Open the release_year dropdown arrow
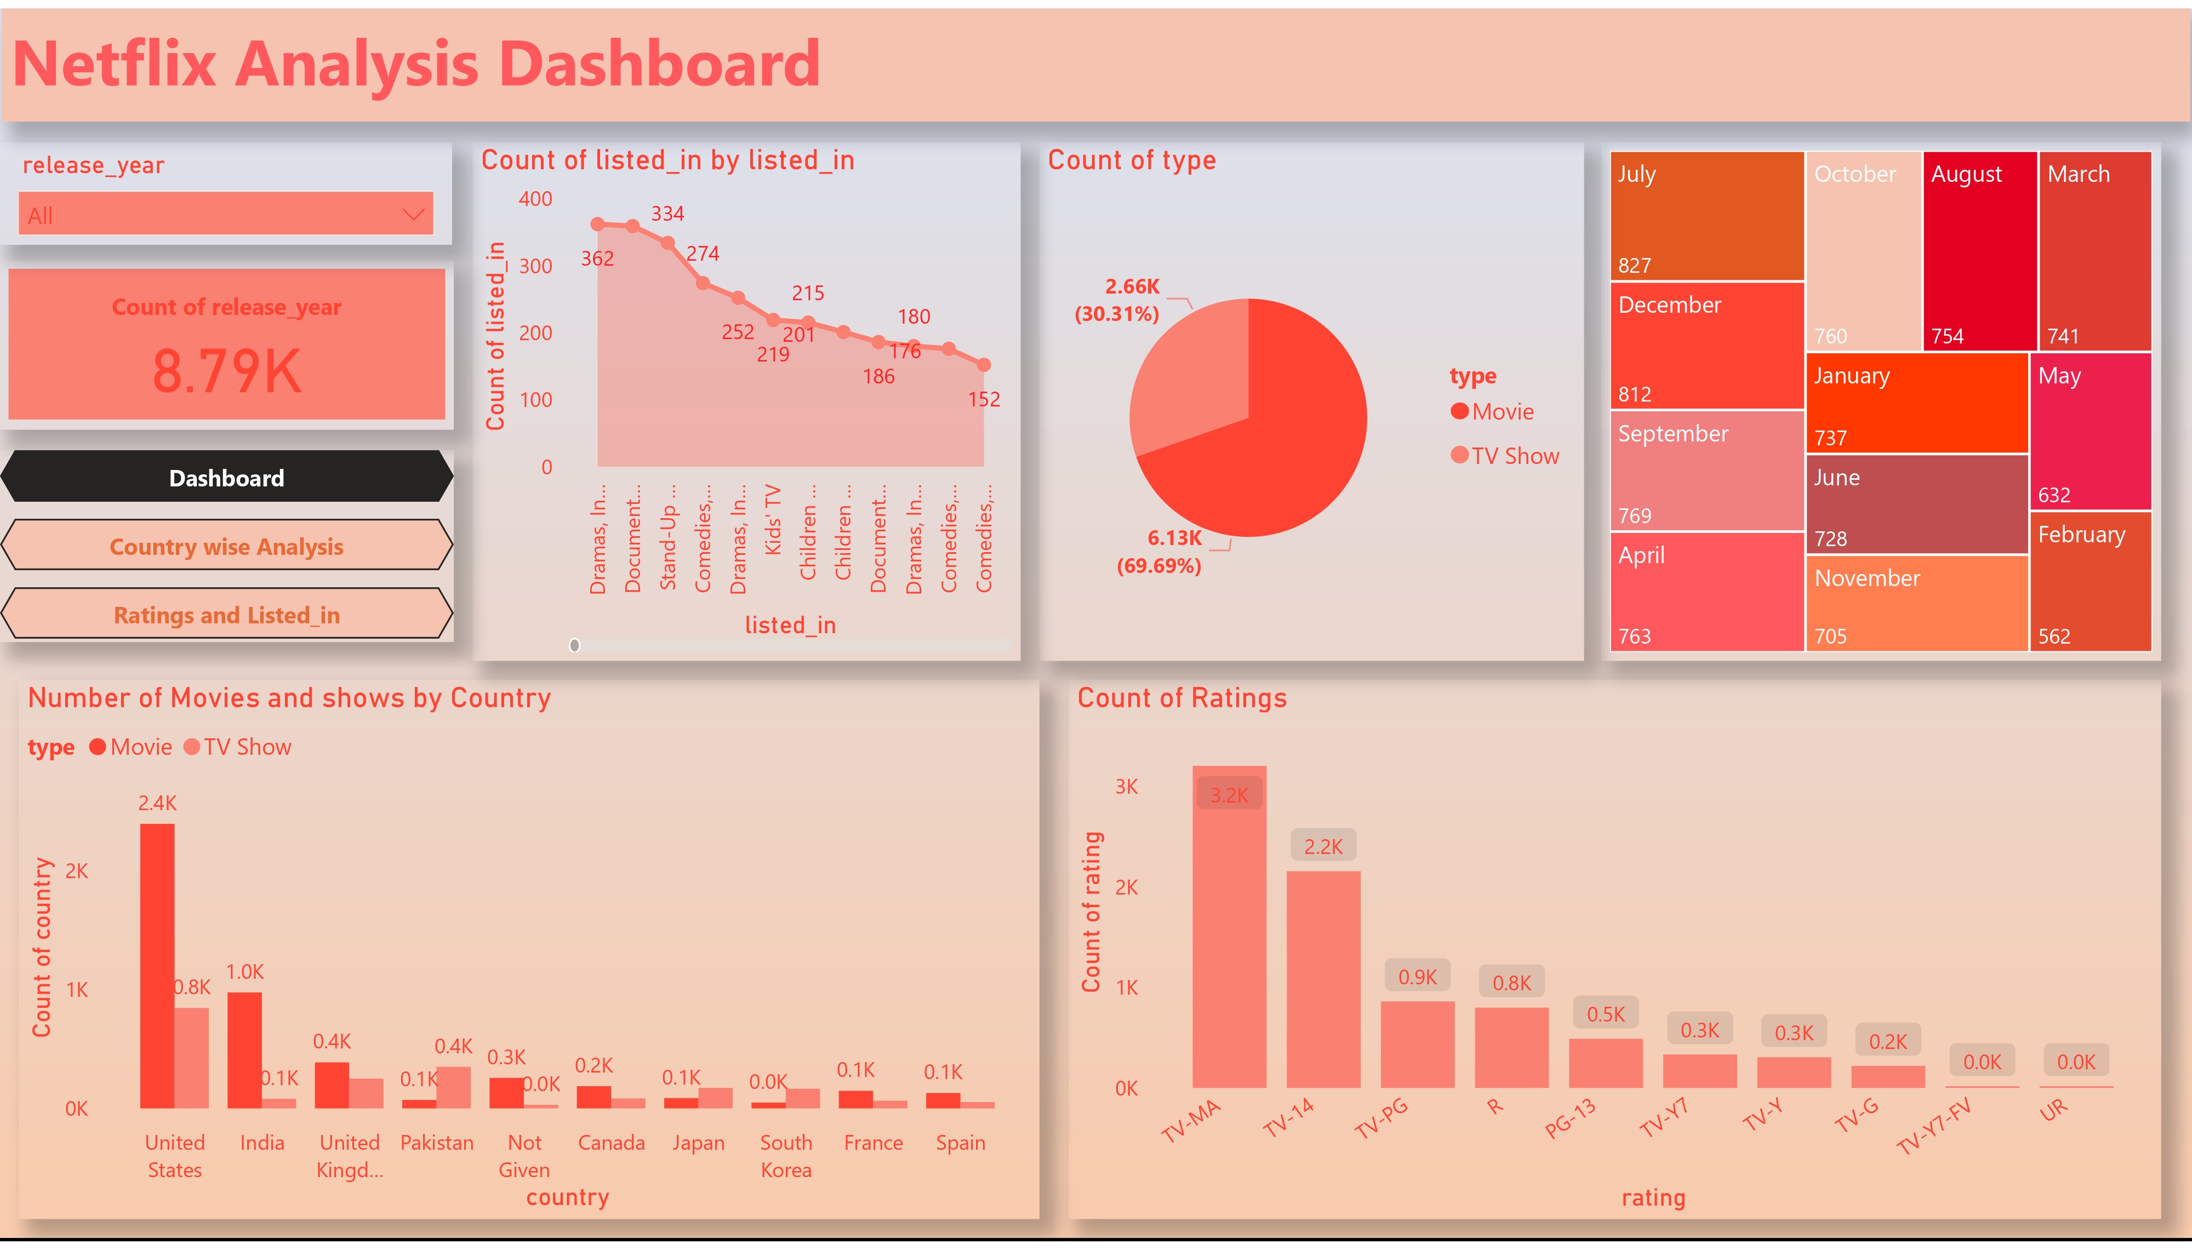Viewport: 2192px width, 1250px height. point(413,215)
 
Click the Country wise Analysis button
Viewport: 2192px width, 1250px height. point(227,546)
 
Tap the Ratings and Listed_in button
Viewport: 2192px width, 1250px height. point(227,615)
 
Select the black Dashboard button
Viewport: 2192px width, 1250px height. point(227,477)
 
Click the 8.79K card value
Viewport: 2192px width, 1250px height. point(227,371)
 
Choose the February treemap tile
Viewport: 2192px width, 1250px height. point(2090,581)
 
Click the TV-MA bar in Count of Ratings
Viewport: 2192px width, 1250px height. point(1229,927)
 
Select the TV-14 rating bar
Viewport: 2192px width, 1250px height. point(1322,979)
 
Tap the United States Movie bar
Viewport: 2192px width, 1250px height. point(157,966)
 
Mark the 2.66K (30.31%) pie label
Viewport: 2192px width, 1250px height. point(1117,300)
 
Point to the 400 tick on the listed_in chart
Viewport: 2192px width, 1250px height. point(535,199)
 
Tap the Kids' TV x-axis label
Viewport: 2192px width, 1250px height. point(773,519)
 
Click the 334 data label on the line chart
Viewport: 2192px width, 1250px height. point(667,214)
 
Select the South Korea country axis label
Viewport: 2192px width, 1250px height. point(786,1156)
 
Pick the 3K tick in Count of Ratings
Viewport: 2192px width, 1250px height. point(1127,787)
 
